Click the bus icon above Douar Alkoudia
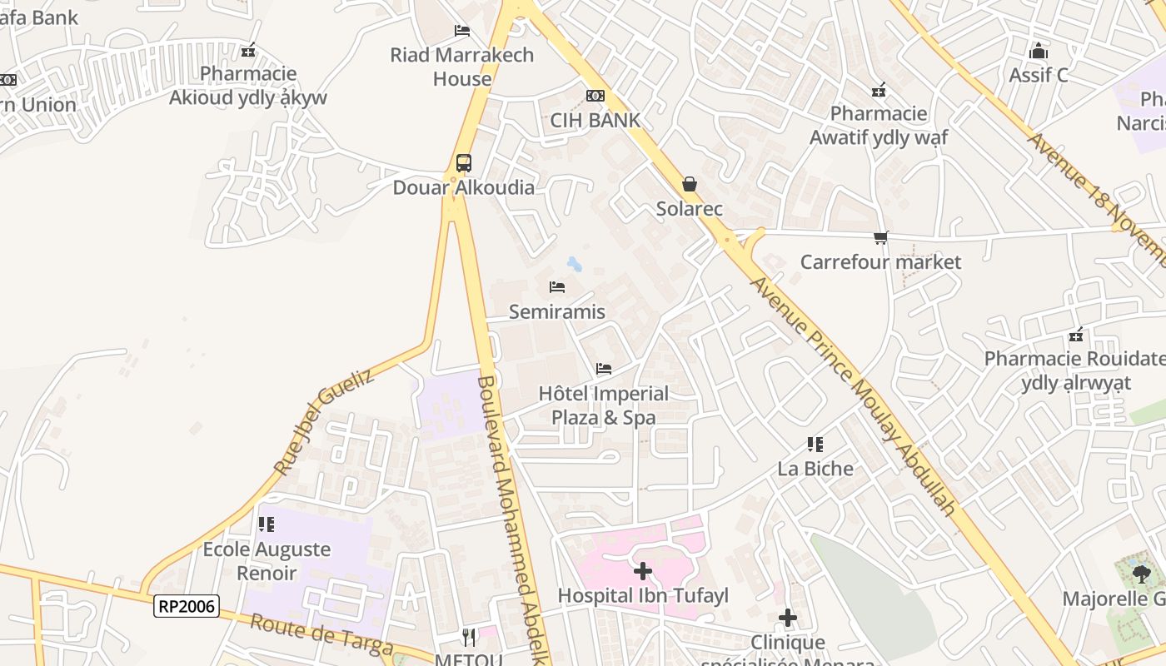[x=463, y=162]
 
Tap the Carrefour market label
[x=880, y=262]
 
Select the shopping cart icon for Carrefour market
[x=880, y=238]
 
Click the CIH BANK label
[x=595, y=120]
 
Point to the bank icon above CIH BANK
[x=595, y=96]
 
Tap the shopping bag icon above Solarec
[x=689, y=184]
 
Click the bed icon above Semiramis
[x=557, y=287]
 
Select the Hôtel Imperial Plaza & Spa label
[x=603, y=405]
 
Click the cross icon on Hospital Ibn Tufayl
[x=642, y=571]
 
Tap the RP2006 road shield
[x=187, y=606]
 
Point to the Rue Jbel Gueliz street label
[x=323, y=422]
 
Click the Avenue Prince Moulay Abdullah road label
[x=850, y=395]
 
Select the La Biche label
[x=815, y=469]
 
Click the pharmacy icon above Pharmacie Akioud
[x=247, y=51]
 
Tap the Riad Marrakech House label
[x=462, y=67]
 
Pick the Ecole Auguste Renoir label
[x=267, y=561]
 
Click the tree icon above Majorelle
[x=1141, y=574]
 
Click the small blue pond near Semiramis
[x=574, y=265]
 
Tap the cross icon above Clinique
[x=787, y=619]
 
